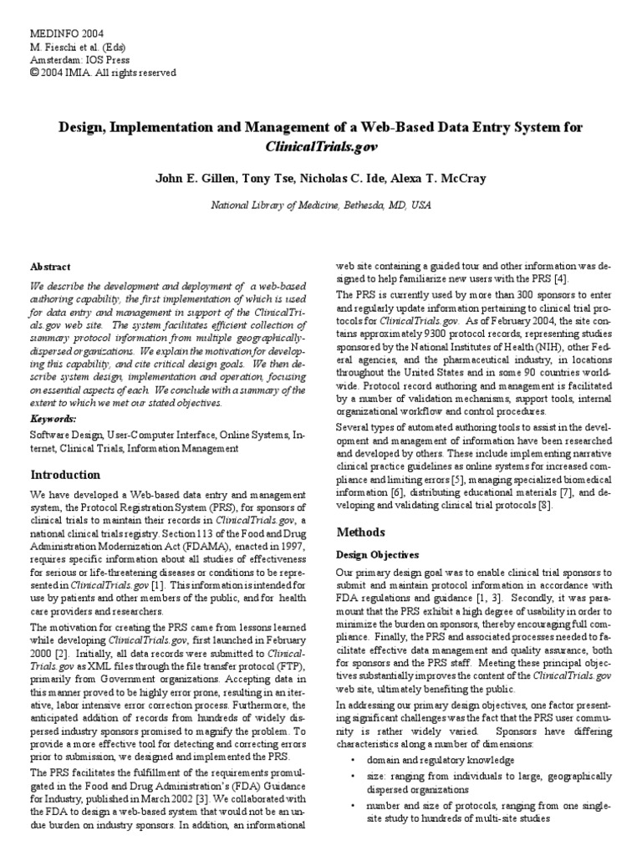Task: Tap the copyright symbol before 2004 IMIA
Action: point(34,73)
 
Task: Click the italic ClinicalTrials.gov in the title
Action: point(321,145)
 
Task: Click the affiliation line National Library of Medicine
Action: point(320,203)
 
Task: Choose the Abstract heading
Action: point(50,266)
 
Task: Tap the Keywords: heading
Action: point(53,417)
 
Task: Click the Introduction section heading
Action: point(65,474)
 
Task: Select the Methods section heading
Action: point(360,532)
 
